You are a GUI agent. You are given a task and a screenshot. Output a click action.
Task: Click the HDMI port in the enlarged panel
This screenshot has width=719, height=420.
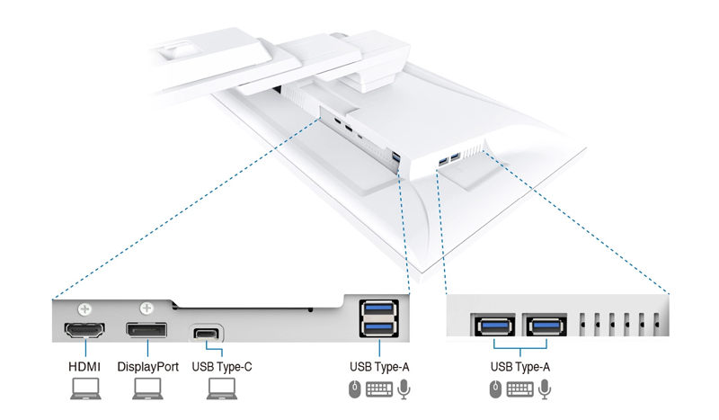(x=84, y=331)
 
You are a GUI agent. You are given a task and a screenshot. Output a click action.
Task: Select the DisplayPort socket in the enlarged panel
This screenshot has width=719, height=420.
(x=146, y=331)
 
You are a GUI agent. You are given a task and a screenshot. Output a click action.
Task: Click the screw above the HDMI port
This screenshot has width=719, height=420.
(x=84, y=308)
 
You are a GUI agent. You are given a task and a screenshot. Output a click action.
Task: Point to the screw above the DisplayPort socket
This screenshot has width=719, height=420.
(x=147, y=308)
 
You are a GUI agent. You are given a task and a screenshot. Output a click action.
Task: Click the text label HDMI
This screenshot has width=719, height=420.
(x=84, y=367)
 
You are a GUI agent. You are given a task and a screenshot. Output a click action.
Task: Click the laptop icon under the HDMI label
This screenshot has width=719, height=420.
(x=84, y=389)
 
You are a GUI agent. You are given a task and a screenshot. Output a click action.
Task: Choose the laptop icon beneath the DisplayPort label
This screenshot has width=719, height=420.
(x=147, y=389)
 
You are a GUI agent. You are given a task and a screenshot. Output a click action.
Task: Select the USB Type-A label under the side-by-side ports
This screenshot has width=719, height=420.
(x=521, y=367)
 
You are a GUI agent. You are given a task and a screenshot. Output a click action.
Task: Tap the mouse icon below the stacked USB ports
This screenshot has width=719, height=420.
(x=355, y=389)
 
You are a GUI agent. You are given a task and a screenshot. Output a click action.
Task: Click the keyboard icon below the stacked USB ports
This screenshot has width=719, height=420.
(x=379, y=389)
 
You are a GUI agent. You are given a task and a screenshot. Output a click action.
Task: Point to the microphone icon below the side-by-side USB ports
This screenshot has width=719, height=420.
(x=546, y=389)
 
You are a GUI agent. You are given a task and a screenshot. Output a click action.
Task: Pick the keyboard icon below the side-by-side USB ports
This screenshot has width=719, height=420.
(x=520, y=389)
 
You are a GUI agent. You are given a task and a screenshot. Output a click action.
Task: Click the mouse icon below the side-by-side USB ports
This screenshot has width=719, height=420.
(x=496, y=389)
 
